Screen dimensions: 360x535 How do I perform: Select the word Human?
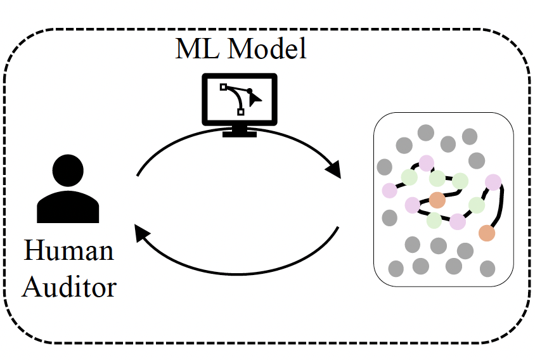(x=68, y=250)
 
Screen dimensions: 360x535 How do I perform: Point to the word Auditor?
(x=70, y=286)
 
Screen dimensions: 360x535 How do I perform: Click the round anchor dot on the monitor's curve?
(x=250, y=91)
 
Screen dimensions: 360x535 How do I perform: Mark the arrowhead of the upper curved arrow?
(x=334, y=169)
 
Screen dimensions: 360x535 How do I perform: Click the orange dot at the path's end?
(x=486, y=233)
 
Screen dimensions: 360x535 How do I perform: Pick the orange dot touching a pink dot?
(x=437, y=200)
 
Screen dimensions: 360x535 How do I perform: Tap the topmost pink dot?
(x=426, y=163)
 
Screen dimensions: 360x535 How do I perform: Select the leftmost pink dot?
(x=389, y=190)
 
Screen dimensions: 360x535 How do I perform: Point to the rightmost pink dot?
(x=493, y=182)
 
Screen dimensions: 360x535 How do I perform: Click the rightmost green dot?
(x=477, y=205)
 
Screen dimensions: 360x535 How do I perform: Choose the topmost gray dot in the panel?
(x=425, y=133)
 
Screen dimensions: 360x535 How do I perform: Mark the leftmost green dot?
(x=409, y=177)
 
